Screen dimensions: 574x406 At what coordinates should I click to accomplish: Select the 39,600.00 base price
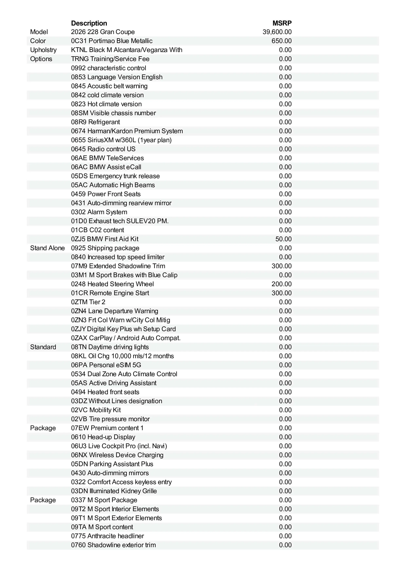tap(277, 32)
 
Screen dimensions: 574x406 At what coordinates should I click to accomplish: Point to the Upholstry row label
tap(43, 50)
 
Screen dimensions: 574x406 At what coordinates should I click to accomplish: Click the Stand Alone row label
tap(47, 248)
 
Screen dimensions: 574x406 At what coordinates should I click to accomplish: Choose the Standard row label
tap(43, 347)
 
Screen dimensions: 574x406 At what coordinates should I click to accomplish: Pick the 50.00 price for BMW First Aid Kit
tap(283, 239)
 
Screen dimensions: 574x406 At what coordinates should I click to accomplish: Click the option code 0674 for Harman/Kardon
tap(78, 131)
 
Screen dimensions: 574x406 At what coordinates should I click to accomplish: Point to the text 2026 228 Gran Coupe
tap(103, 32)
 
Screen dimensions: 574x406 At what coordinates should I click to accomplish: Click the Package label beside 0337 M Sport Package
tap(43, 500)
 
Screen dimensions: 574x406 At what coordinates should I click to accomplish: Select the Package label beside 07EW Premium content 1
tap(43, 428)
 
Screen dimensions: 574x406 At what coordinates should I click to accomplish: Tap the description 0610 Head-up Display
tap(103, 437)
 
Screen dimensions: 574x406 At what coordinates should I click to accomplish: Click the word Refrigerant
tap(104, 122)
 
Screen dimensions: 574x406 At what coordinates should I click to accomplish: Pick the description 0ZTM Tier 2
tap(88, 302)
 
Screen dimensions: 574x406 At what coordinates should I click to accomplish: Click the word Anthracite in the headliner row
tap(98, 536)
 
